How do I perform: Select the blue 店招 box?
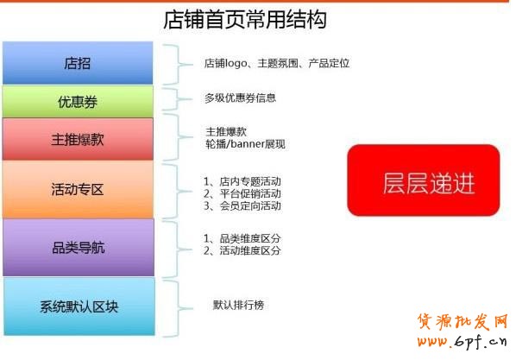tap(78, 63)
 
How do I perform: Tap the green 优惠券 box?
tap(78, 102)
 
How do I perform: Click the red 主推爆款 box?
tap(78, 139)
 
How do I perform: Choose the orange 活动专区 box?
tap(78, 189)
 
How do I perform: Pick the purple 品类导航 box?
tap(78, 247)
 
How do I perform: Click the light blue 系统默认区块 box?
tap(79, 306)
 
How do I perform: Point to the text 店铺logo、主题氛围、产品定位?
tap(276, 64)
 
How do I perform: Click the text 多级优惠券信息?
tap(240, 98)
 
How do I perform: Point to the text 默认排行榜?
tap(238, 305)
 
